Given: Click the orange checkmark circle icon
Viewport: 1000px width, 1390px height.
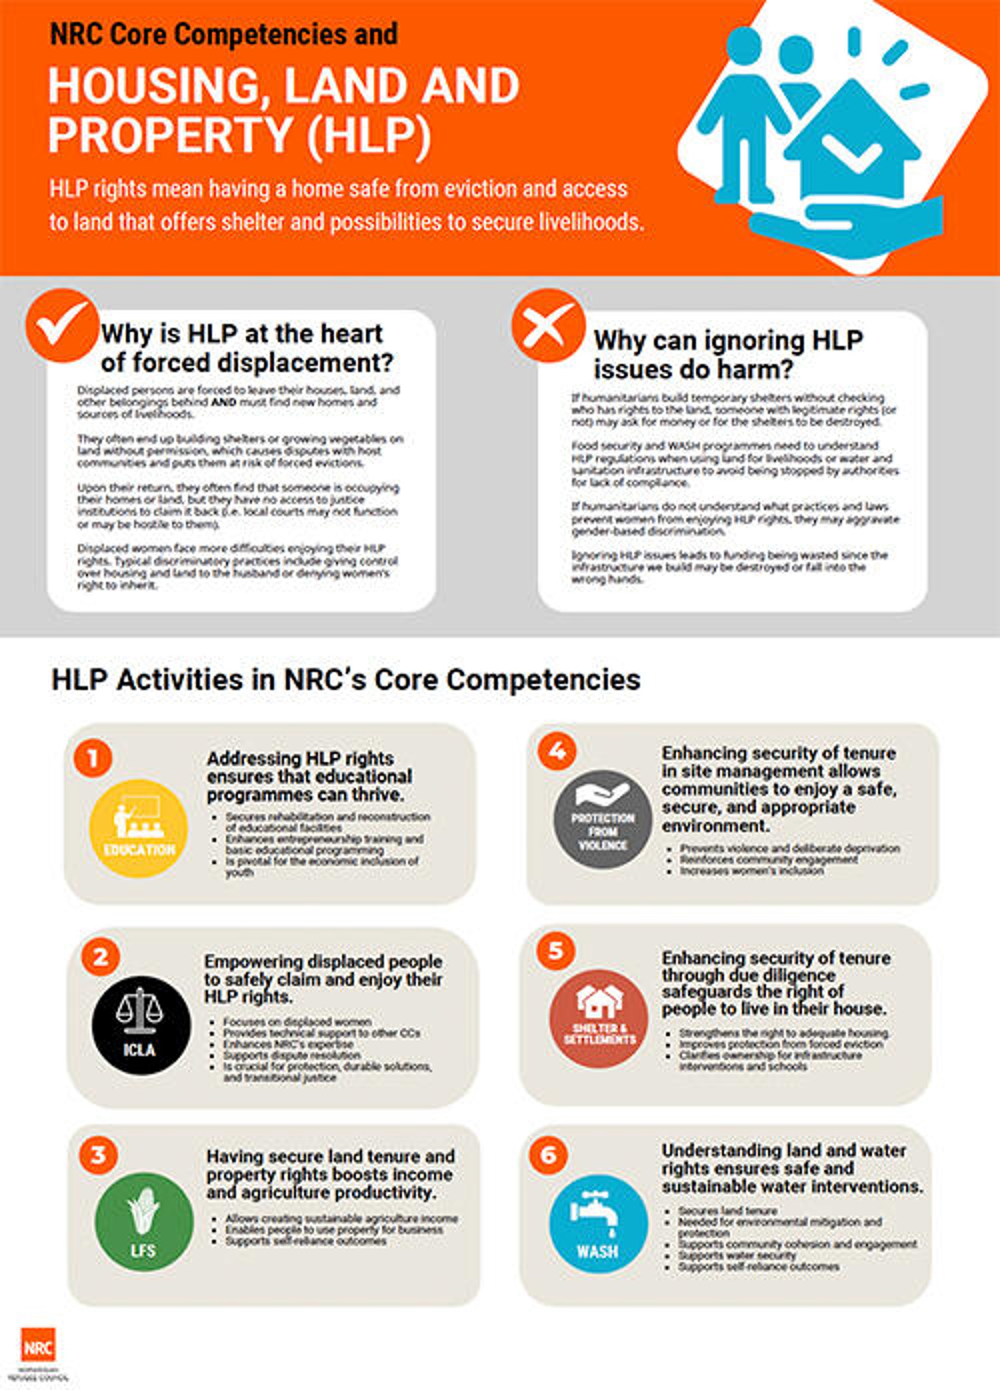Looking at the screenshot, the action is coord(62,325).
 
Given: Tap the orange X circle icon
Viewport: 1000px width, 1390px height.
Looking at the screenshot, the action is coord(547,325).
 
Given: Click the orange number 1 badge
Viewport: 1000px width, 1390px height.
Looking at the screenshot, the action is coord(93,758).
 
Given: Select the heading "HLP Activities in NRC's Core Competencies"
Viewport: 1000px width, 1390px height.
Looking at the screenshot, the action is coord(346,680).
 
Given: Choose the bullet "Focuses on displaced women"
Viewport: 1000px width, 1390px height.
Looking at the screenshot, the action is coord(297,1022).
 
